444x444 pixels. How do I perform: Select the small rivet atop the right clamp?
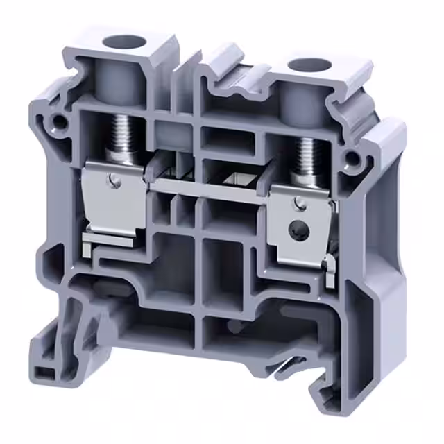(x=298, y=203)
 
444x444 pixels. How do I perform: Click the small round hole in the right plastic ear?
(x=355, y=158)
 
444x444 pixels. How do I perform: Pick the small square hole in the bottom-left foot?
(x=43, y=373)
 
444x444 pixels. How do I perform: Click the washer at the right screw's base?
(x=305, y=182)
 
